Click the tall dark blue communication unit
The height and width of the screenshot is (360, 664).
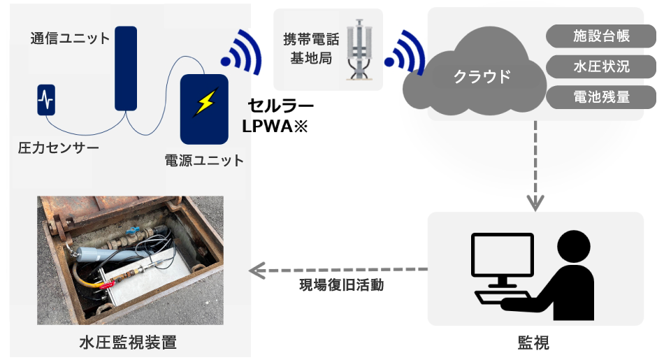click(126, 68)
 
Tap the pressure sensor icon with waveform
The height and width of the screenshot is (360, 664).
click(47, 99)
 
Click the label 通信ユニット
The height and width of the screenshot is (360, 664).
click(70, 38)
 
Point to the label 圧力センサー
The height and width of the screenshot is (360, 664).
click(59, 148)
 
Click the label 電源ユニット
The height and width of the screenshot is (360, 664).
click(204, 161)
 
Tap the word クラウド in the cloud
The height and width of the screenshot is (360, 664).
click(482, 76)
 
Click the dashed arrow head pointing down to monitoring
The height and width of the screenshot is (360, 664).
click(535, 203)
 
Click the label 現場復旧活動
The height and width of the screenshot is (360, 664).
click(341, 285)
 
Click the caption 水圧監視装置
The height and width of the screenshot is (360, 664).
click(127, 343)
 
